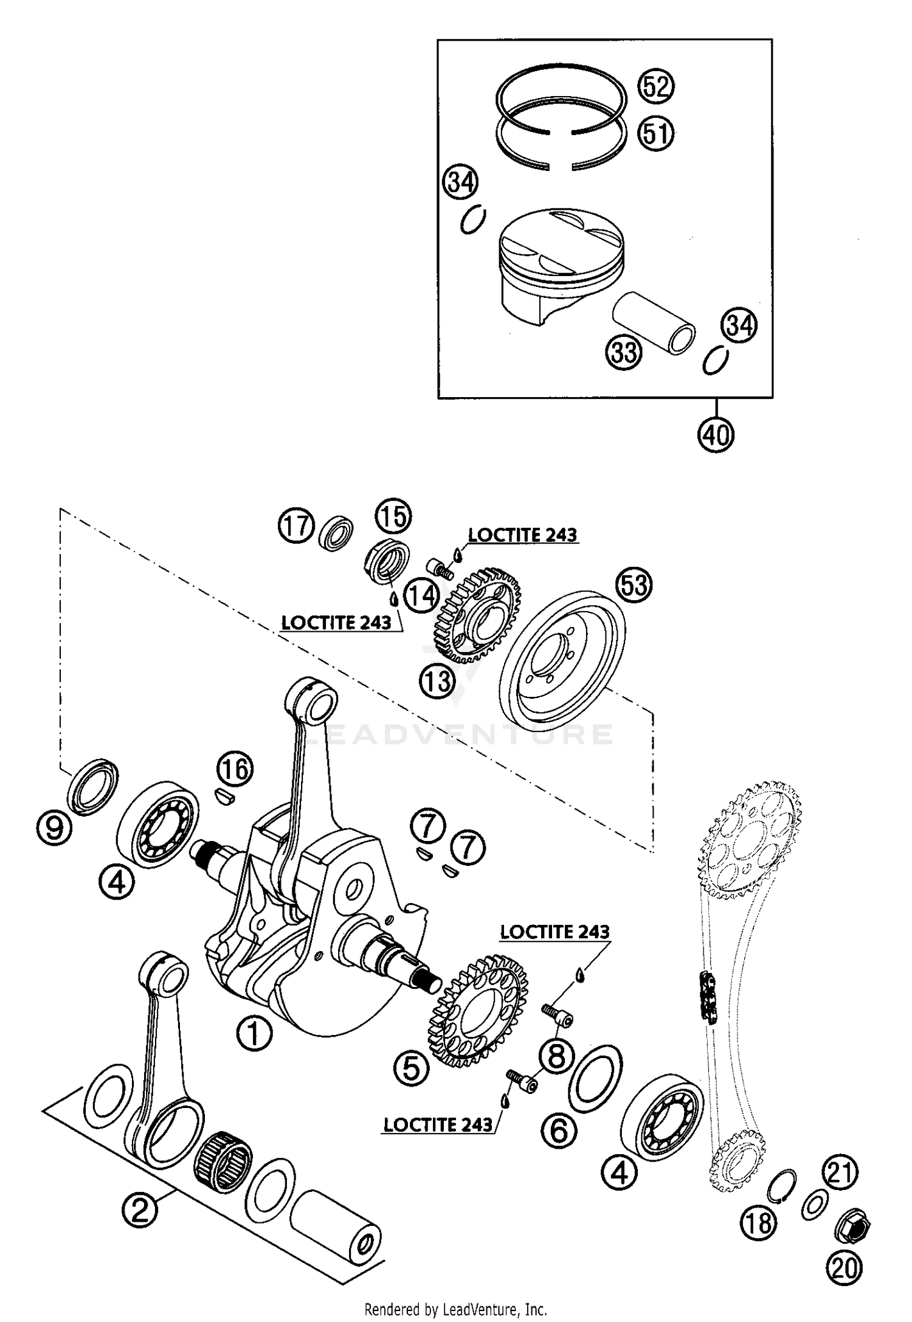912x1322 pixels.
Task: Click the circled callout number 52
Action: point(656,86)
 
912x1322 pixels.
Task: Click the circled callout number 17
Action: point(297,526)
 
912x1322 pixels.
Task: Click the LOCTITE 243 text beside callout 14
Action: point(336,623)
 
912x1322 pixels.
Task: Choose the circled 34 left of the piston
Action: point(460,182)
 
